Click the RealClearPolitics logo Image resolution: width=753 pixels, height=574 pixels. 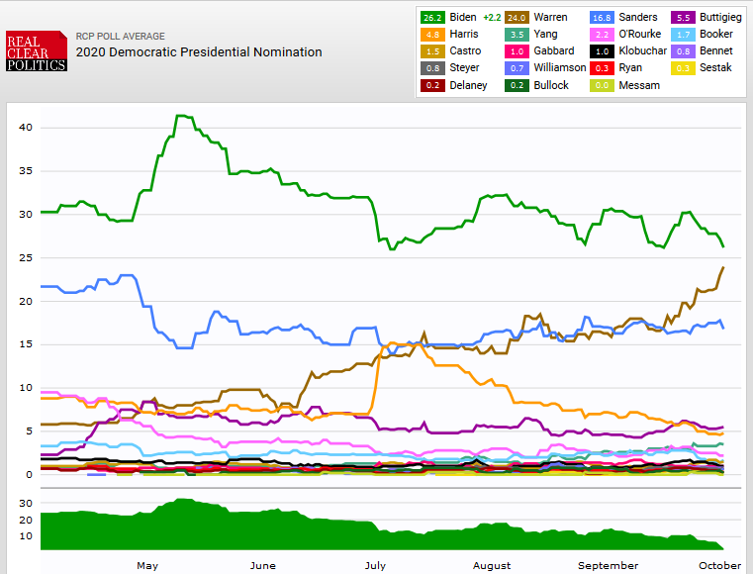36,51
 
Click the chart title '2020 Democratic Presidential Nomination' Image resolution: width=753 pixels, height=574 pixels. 199,51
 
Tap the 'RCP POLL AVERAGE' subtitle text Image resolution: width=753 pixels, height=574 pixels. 121,36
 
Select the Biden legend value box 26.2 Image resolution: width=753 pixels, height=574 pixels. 432,17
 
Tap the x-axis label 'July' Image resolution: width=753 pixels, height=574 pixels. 375,565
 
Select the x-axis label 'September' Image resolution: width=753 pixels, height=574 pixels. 608,565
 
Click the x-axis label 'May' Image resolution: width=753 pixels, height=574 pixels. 147,565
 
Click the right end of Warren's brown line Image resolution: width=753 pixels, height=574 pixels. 723,267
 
